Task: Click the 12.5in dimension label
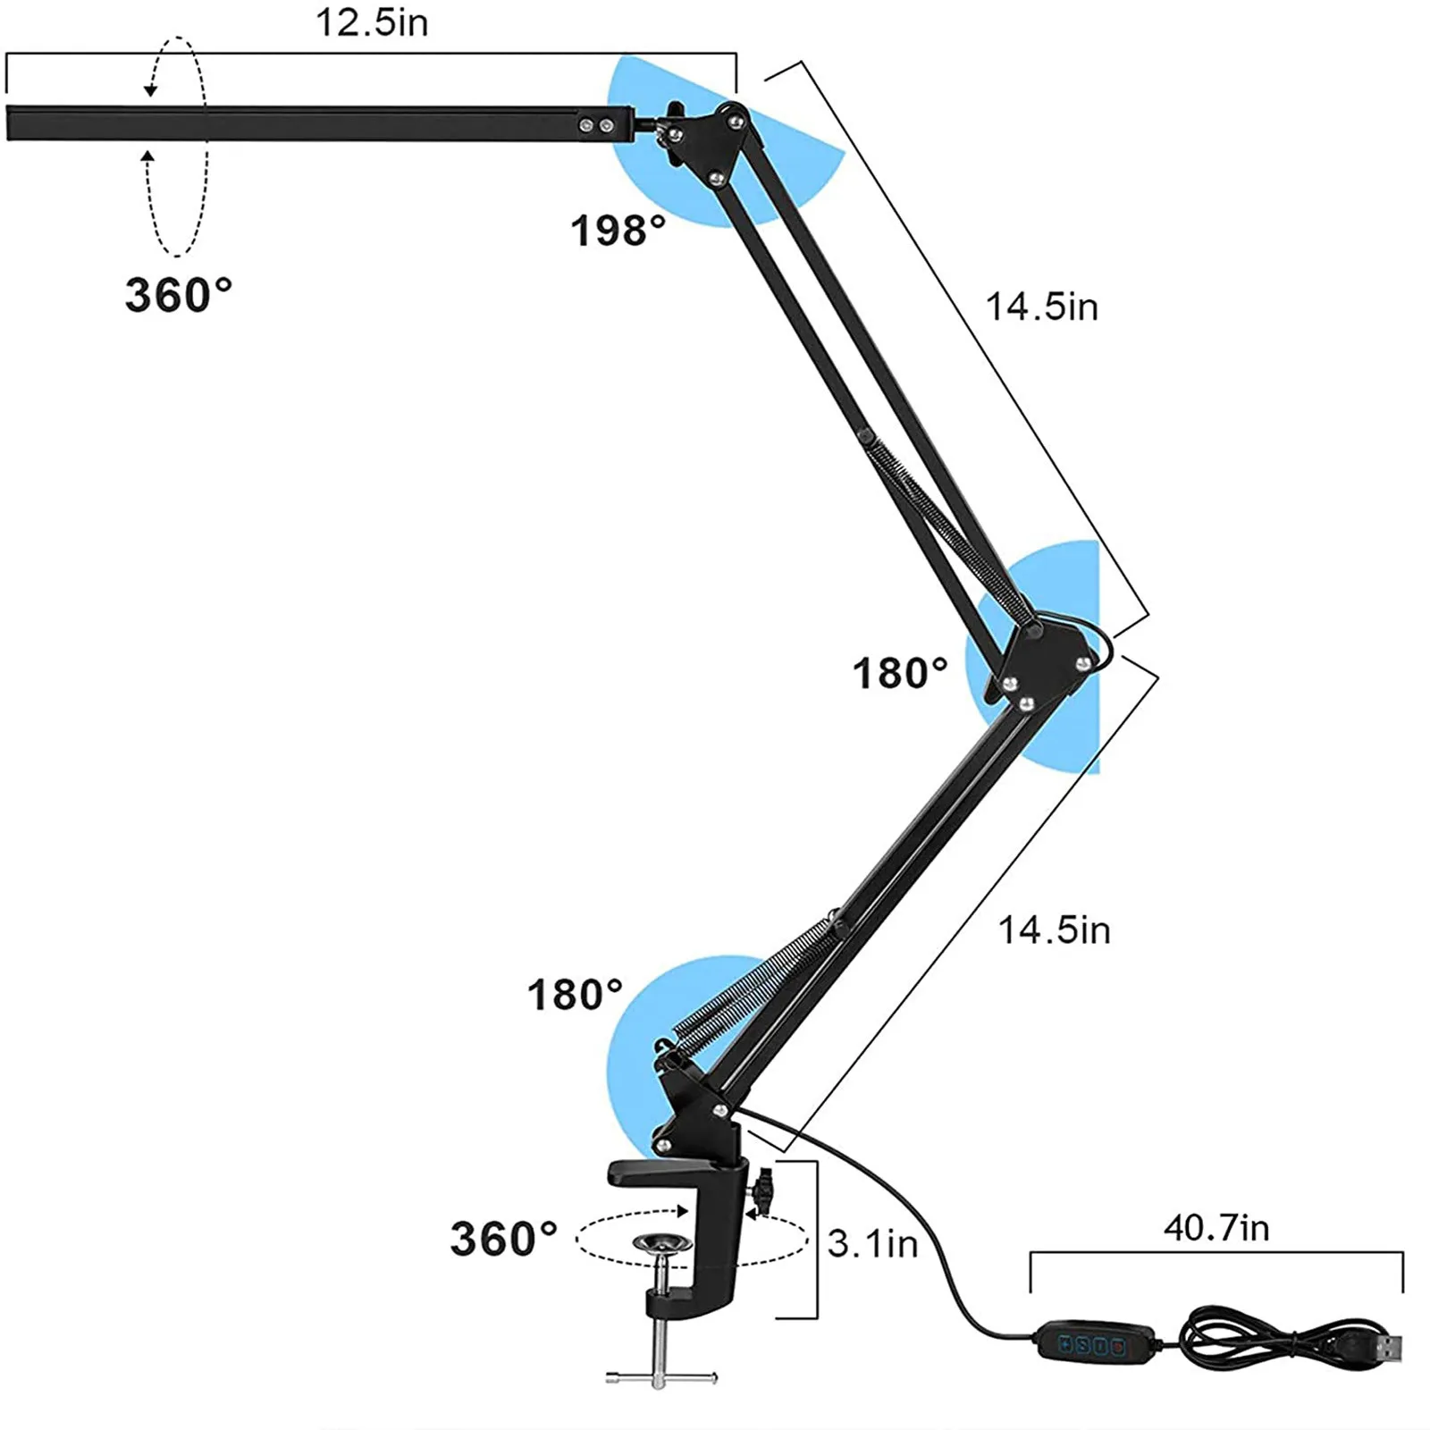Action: tap(372, 22)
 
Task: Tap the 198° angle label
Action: tap(618, 231)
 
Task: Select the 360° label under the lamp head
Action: tap(178, 295)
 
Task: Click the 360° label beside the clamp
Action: tap(504, 1239)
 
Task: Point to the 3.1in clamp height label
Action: tap(872, 1243)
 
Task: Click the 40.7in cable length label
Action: tap(1215, 1228)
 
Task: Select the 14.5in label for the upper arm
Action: tap(1041, 307)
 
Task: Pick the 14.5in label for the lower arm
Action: tap(1054, 930)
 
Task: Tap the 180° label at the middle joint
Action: tap(900, 673)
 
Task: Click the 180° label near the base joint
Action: tap(575, 995)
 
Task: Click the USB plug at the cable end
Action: tap(1380, 1347)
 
